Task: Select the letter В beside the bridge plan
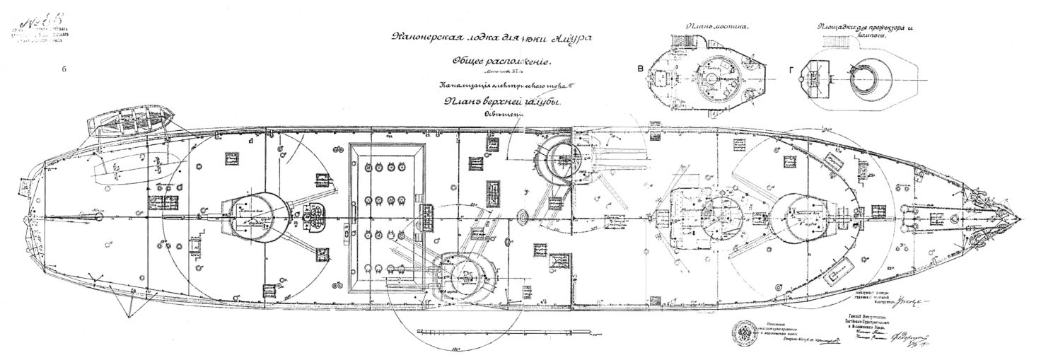pos(640,69)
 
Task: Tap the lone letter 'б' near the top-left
pos(64,69)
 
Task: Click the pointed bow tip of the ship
pos(1018,216)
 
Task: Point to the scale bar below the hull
pos(467,330)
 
